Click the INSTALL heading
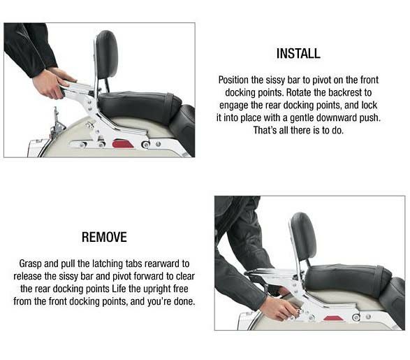click(298, 53)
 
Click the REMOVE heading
click(104, 237)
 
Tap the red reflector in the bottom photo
click(334, 318)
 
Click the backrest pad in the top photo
click(106, 55)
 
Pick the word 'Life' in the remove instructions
click(119, 289)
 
